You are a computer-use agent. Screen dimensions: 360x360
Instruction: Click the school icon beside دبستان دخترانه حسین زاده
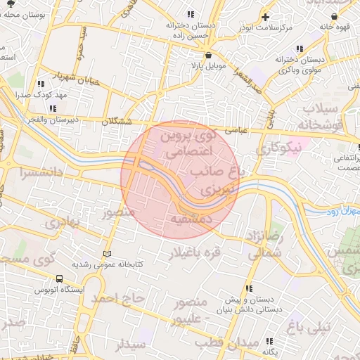coord(191,14)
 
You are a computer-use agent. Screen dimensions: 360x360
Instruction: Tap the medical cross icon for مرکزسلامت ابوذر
coord(265,16)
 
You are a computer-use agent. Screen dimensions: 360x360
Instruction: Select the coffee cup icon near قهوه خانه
coord(343,16)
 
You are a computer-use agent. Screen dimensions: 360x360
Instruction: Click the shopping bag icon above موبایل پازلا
coord(208,56)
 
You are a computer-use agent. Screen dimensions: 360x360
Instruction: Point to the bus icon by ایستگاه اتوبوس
coord(59,278)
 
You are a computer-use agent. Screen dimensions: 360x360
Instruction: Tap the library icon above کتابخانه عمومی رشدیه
coord(107,254)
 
